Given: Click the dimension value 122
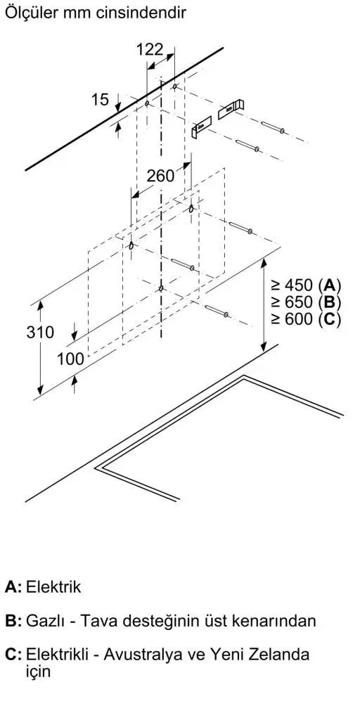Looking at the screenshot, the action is coord(150,49).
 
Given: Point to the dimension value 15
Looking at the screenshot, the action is coord(100,99).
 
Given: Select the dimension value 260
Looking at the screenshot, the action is coord(161,175).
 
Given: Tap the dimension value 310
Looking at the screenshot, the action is coord(40,332).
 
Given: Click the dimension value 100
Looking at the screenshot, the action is coord(71,359).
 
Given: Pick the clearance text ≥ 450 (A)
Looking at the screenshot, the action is coord(306,285).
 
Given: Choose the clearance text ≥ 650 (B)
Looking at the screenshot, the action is coord(306,302).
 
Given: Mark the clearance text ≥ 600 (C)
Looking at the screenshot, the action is coord(306,319).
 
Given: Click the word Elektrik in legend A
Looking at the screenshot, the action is coord(53,587).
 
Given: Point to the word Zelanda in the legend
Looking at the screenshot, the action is coord(281,655).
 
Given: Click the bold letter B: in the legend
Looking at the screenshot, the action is coord(13,621).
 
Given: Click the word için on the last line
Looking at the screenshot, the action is coord(38,671).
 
